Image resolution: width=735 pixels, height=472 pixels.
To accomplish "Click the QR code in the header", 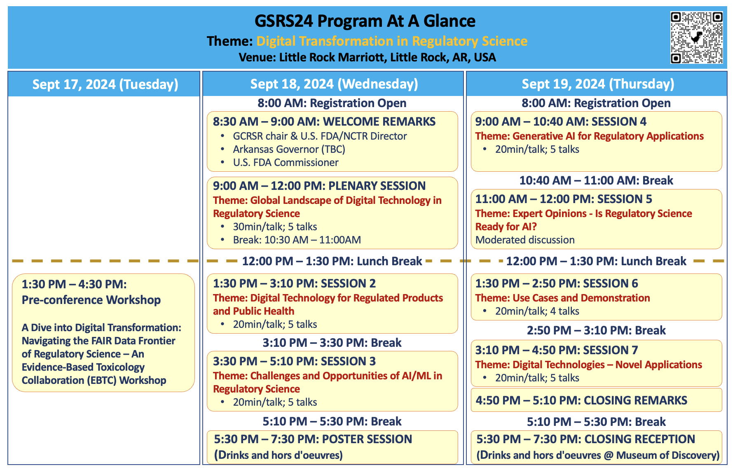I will click(x=696, y=37).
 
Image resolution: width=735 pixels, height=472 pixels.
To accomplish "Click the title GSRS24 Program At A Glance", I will click(x=365, y=21).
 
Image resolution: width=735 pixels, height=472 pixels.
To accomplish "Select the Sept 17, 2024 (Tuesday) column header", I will click(x=105, y=84).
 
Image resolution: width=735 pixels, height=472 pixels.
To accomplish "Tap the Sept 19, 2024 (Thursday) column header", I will click(x=598, y=84).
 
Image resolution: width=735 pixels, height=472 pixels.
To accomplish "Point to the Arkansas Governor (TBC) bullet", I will click(x=289, y=149).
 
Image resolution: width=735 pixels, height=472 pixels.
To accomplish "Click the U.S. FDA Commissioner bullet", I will click(x=286, y=162).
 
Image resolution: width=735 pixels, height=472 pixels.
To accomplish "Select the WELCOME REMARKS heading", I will click(x=379, y=122).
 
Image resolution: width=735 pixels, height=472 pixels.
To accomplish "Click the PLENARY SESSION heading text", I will click(x=377, y=186).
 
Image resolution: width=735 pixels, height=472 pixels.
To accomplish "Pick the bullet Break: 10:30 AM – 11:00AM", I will click(x=297, y=240).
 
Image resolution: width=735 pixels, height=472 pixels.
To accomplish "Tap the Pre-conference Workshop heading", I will click(x=91, y=300).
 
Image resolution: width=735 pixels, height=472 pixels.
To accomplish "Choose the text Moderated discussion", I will click(x=525, y=240).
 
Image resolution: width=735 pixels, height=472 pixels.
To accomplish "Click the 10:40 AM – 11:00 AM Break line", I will click(x=596, y=180).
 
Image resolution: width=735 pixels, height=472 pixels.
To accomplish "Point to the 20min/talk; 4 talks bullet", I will click(x=537, y=311).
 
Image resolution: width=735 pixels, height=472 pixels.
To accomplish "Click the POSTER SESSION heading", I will click(x=367, y=439).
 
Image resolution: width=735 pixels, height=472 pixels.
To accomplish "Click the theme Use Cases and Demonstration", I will click(x=562, y=298).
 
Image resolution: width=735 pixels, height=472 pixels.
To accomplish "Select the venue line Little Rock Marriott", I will click(x=367, y=57).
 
